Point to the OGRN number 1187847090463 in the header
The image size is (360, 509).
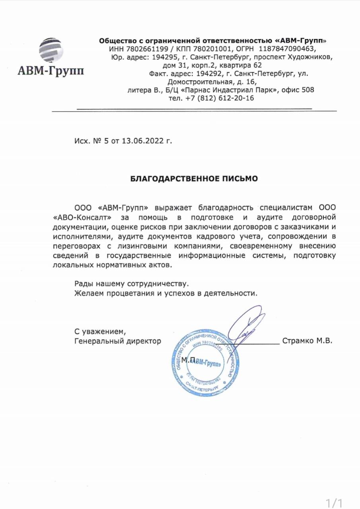(286, 49)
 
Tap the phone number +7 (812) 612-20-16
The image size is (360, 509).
(220, 98)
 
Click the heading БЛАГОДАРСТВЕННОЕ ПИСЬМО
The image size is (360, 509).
(194, 179)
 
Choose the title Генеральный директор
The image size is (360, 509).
(118, 341)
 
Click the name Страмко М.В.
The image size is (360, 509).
(307, 341)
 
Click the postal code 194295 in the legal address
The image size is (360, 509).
(163, 57)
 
